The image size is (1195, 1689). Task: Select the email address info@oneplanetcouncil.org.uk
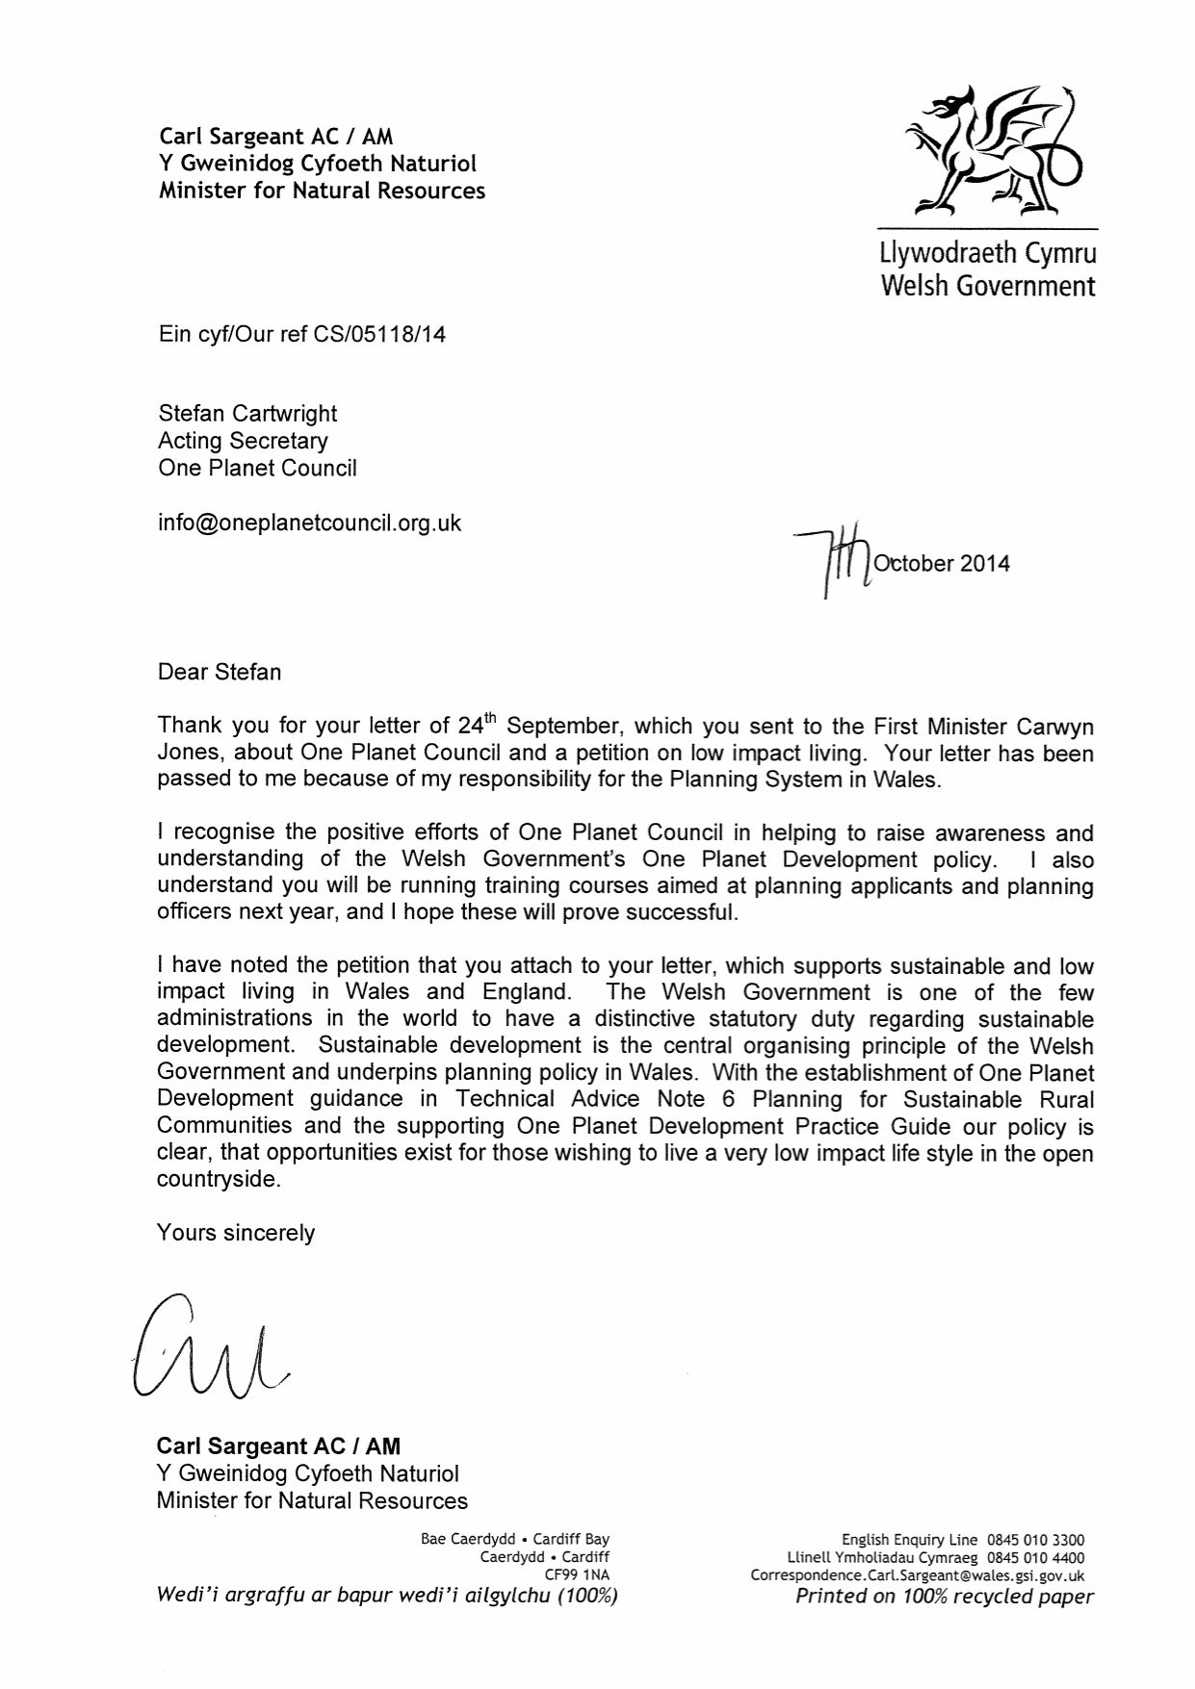pyautogui.click(x=309, y=523)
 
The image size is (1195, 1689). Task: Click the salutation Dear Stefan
pyautogui.click(x=220, y=672)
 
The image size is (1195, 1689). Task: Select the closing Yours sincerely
pyautogui.click(x=236, y=1233)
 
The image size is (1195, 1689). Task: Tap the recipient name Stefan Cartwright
pyautogui.click(x=247, y=414)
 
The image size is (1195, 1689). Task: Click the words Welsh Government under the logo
pyautogui.click(x=988, y=286)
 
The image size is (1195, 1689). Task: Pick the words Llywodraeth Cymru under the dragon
pyautogui.click(x=988, y=254)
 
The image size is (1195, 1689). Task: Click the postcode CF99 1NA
pyautogui.click(x=577, y=1575)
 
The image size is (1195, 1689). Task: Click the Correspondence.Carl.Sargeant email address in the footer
pyautogui.click(x=917, y=1575)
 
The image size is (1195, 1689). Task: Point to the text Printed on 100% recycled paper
pyautogui.click(x=944, y=1597)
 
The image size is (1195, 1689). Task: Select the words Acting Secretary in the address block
pyautogui.click(x=243, y=441)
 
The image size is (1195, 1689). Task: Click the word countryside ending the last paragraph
pyautogui.click(x=218, y=1179)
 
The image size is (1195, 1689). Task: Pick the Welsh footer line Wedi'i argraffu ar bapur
pyautogui.click(x=386, y=1597)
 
